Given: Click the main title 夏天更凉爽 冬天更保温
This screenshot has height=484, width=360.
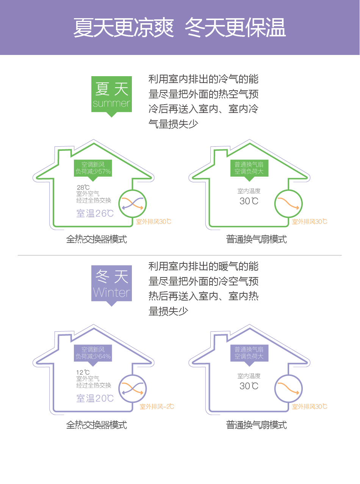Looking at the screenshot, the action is (x=179, y=27).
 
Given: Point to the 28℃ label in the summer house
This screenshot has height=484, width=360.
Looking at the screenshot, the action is (x=83, y=187).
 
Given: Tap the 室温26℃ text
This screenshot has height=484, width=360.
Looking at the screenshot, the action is (x=95, y=213).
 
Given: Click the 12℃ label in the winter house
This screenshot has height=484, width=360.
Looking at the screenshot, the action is (x=83, y=372).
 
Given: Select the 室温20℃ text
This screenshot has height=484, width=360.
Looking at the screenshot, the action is (x=95, y=398).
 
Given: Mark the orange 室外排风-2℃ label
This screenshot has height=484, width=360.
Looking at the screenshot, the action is (x=157, y=407).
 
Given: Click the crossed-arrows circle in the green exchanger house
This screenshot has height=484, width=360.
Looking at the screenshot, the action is (x=132, y=204).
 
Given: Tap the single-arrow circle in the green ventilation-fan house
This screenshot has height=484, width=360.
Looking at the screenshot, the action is (x=288, y=204).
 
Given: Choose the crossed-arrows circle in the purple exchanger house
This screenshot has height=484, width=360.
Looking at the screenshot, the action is (x=132, y=388).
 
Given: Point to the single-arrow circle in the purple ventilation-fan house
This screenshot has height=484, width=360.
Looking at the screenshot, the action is (x=288, y=388).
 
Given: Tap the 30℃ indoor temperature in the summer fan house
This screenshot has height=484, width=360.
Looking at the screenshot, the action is (x=249, y=201).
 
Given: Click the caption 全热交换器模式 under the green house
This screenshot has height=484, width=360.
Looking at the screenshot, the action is (x=96, y=239).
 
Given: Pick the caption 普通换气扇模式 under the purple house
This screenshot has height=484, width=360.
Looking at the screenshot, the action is (x=257, y=424).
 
